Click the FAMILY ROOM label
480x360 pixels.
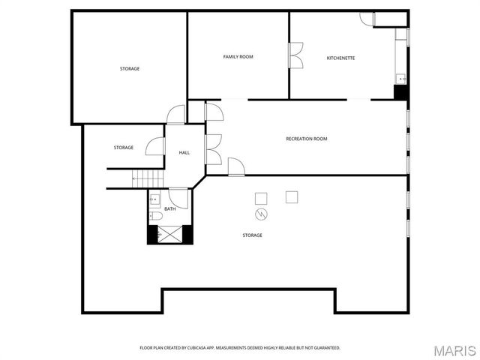click(x=238, y=57)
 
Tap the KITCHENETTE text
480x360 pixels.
click(x=340, y=58)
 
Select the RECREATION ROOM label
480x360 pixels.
click(x=306, y=139)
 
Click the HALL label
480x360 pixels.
click(x=184, y=153)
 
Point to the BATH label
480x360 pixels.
click(x=170, y=209)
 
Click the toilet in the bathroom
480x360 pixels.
click(x=155, y=216)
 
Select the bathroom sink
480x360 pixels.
click(x=154, y=199)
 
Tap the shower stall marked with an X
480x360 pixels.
click(x=169, y=235)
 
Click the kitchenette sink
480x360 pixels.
click(x=402, y=78)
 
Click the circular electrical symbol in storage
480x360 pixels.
click(x=262, y=214)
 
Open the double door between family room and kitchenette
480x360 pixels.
click(x=295, y=55)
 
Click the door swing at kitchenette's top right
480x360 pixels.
click(x=367, y=18)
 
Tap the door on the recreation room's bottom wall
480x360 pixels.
click(x=236, y=166)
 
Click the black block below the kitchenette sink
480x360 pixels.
click(x=401, y=93)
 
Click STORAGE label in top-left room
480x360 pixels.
click(x=130, y=69)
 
